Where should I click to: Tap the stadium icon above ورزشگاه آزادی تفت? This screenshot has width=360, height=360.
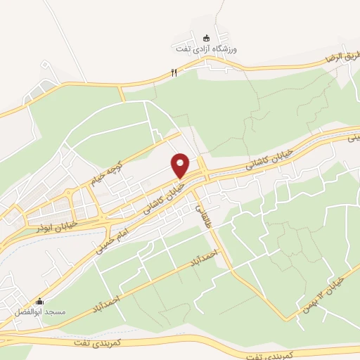click(x=206, y=38)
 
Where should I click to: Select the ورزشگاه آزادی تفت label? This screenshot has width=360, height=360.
click(x=207, y=49)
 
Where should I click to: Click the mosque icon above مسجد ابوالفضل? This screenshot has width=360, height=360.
click(x=39, y=301)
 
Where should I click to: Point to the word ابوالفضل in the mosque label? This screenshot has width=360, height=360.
click(x=30, y=311)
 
